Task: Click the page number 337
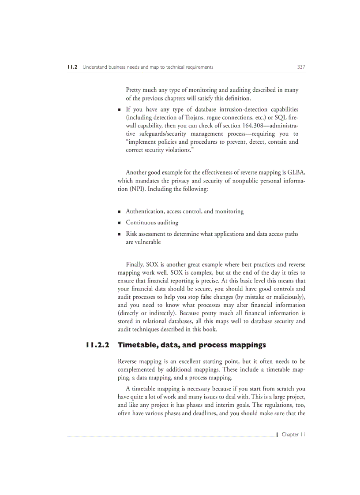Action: click(301, 67)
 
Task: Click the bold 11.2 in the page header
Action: click(72, 67)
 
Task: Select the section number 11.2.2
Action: click(97, 345)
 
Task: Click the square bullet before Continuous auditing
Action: click(120, 223)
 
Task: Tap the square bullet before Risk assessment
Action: click(120, 234)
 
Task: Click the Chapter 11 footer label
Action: click(293, 434)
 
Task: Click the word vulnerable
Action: click(143, 242)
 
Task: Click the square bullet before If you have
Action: click(120, 109)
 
